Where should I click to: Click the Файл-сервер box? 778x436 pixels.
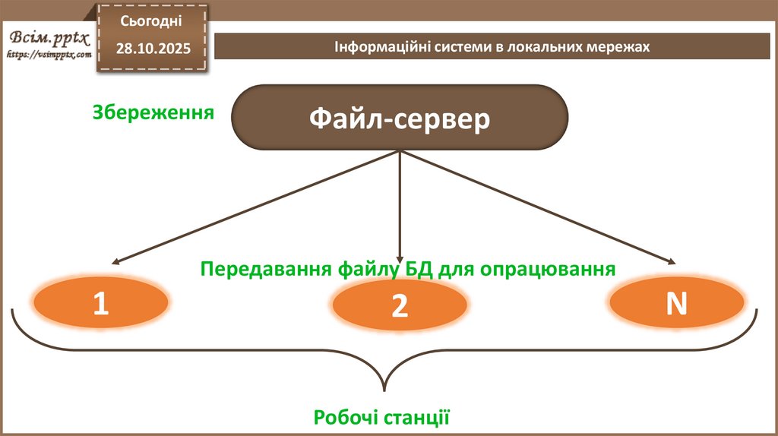pyautogui.click(x=400, y=118)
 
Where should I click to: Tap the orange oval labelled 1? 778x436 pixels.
pyautogui.click(x=101, y=302)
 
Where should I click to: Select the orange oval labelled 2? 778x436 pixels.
pyautogui.click(x=400, y=305)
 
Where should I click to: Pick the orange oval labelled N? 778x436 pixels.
pyautogui.click(x=676, y=302)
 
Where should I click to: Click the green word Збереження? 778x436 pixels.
pyautogui.click(x=152, y=112)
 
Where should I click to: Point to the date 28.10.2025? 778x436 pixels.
pyautogui.click(x=153, y=49)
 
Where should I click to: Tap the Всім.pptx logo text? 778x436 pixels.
pyautogui.click(x=49, y=38)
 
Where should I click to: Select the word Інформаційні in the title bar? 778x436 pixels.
pyautogui.click(x=373, y=47)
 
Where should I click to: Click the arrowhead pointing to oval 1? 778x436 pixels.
pyautogui.click(x=111, y=261)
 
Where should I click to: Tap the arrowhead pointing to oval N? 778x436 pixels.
pyautogui.click(x=673, y=262)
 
